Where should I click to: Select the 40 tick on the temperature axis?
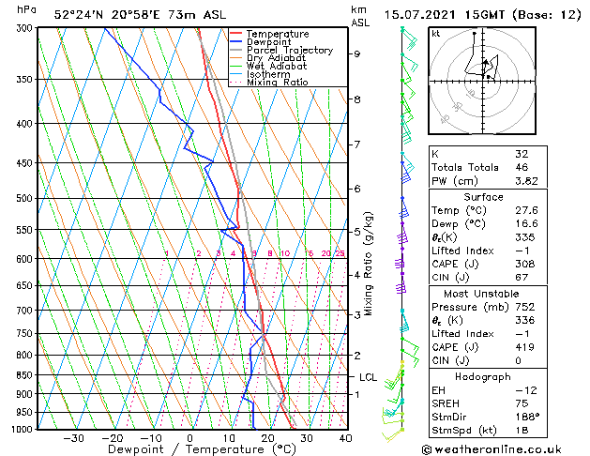point(345,438)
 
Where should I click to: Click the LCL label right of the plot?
point(368,377)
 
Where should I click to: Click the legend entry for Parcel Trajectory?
point(289,51)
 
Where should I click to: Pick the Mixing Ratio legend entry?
point(278,83)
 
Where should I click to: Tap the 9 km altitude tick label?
point(356,53)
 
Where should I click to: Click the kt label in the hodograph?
point(435,33)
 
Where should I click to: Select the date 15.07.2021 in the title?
point(431,15)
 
